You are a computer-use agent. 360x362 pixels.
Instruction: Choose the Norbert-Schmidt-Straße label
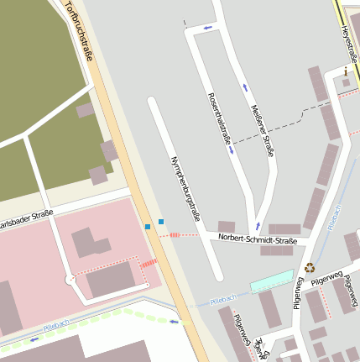(x=258, y=240)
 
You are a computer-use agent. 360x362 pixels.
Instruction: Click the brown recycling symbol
(x=310, y=269)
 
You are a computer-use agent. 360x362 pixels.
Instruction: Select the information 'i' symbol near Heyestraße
(x=346, y=71)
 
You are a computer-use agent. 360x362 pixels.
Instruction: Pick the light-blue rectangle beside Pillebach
(x=273, y=281)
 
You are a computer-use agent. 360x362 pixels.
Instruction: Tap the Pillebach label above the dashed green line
(x=55, y=323)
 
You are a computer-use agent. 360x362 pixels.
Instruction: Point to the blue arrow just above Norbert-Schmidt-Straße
(x=258, y=226)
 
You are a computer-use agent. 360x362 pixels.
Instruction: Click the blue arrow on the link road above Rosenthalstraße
(x=208, y=28)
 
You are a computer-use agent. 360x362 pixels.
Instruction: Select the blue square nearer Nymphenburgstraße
(x=161, y=222)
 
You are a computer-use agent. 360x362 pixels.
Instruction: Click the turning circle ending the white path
(x=70, y=279)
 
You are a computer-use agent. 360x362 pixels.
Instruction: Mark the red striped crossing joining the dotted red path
(x=149, y=264)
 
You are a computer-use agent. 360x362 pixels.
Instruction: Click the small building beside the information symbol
(x=346, y=83)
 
